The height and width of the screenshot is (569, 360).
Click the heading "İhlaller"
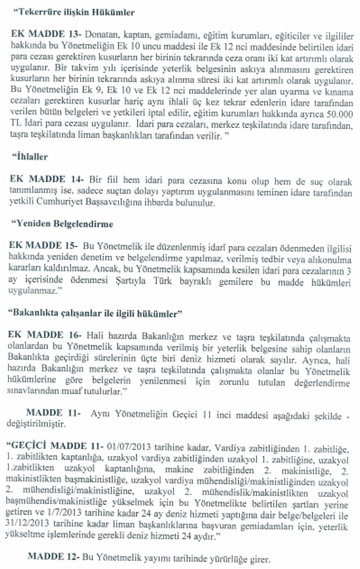click(x=33, y=157)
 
